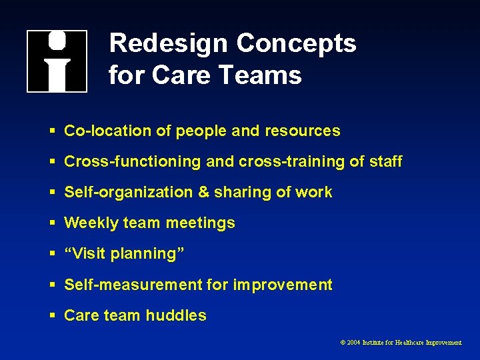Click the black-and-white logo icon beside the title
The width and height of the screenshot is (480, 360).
57,61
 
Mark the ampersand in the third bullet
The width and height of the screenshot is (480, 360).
203,193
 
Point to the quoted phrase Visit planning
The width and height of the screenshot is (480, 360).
124,254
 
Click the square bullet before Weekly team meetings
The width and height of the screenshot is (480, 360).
52,223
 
